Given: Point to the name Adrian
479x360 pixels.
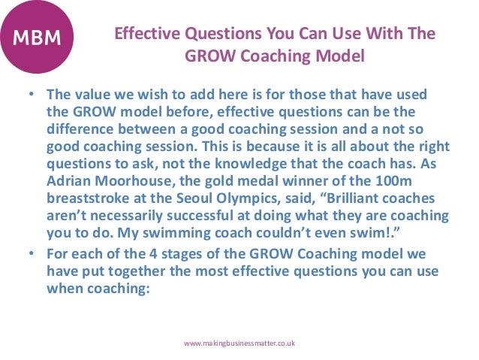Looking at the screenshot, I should [x=67, y=183].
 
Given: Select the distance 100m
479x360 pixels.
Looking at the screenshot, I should [x=395, y=183].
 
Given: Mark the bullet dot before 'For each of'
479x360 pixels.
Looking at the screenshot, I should [x=33, y=253].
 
